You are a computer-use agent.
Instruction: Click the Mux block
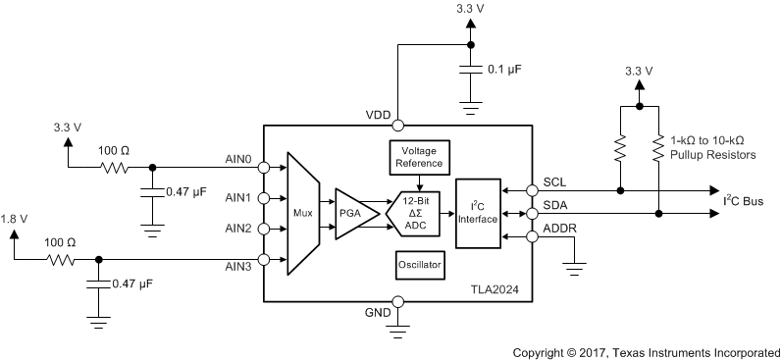(304, 212)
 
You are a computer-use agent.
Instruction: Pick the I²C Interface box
(478, 212)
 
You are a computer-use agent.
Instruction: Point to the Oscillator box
(419, 265)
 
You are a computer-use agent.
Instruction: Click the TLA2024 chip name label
(495, 291)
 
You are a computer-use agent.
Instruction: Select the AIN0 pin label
(240, 156)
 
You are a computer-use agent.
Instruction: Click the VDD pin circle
(398, 125)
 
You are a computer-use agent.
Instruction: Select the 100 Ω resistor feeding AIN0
(114, 166)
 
